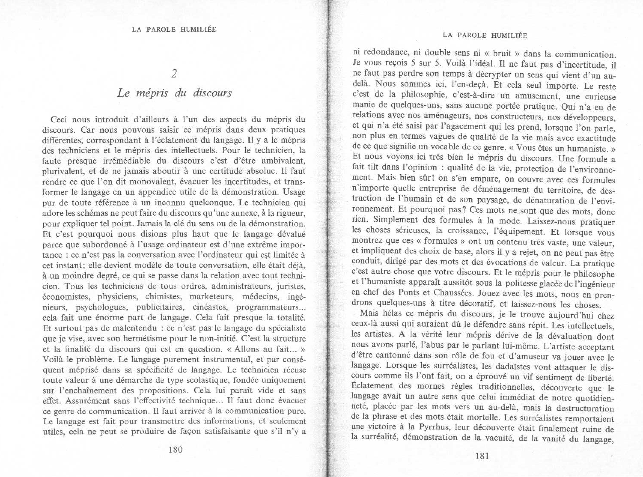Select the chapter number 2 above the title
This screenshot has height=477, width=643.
pos(174,74)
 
